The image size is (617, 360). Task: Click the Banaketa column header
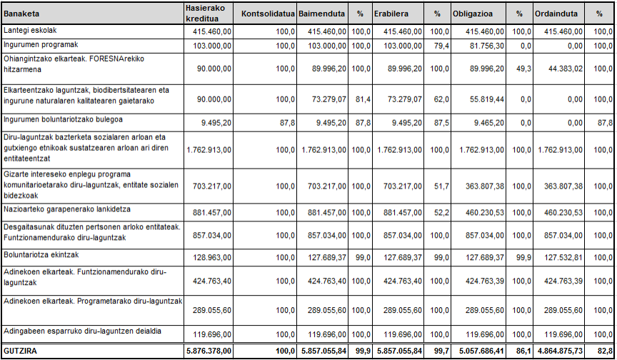pyautogui.click(x=21, y=14)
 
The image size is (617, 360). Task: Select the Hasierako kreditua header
pyautogui.click(x=206, y=14)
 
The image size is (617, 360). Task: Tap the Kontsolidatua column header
pyautogui.click(x=268, y=14)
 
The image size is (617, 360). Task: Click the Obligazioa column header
pyautogui.click(x=473, y=14)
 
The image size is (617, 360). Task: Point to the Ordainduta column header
pyautogui.click(x=556, y=14)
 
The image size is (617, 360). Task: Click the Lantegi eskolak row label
pyautogui.click(x=30, y=30)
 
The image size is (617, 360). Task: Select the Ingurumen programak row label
pyautogui.click(x=41, y=45)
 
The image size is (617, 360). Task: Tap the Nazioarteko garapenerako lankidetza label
pyautogui.click(x=67, y=209)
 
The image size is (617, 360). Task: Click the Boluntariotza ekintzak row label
pyautogui.click(x=41, y=255)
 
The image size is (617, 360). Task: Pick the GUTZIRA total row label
pyautogui.click(x=20, y=351)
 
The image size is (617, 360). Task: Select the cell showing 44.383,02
pyautogui.click(x=566, y=69)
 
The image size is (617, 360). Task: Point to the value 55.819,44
pyautogui.click(x=487, y=99)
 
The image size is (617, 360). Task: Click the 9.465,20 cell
pyautogui.click(x=488, y=123)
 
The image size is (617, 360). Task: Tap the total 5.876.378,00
pyautogui.click(x=209, y=351)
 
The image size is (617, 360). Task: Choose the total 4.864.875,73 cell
pyautogui.click(x=561, y=351)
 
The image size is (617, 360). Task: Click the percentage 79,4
pyautogui.click(x=442, y=46)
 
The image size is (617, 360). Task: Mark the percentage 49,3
pyautogui.click(x=523, y=69)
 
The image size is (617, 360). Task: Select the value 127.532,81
pyautogui.click(x=563, y=258)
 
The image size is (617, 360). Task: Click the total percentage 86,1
pyautogui.click(x=523, y=351)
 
